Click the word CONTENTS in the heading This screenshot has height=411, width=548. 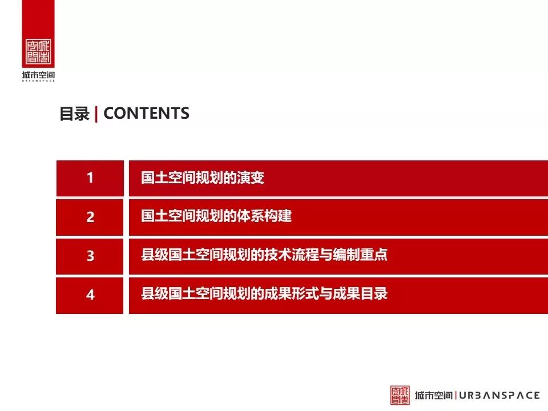click(146, 113)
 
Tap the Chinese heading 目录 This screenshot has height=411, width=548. click(74, 114)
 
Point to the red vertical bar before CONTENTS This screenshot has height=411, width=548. click(96, 114)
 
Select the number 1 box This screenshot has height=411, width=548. click(90, 178)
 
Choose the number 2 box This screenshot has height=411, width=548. click(90, 217)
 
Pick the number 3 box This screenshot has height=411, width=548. click(90, 256)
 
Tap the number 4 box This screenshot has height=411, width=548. click(90, 295)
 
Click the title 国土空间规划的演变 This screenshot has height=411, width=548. click(203, 178)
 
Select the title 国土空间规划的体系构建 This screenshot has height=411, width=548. click(216, 217)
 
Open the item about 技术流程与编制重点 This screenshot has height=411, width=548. click(264, 255)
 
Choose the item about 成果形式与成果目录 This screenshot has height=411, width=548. click(264, 294)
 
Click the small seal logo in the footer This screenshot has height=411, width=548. click(400, 395)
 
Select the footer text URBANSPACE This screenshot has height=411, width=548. click(499, 395)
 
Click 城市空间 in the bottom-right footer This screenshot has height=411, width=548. click(434, 395)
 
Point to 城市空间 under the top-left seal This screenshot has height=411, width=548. click(38, 75)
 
